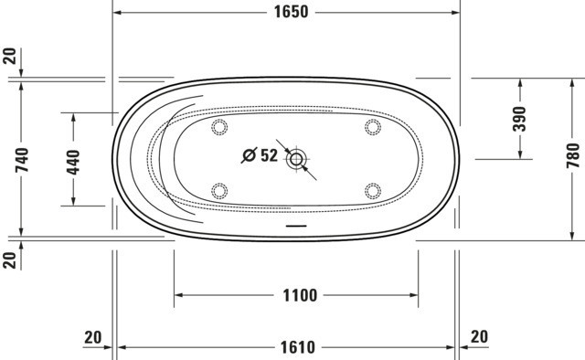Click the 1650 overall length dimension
click(x=291, y=12)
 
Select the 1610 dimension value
click(x=297, y=348)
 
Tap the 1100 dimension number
click(x=300, y=295)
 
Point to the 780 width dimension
click(x=573, y=155)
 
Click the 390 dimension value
click(x=519, y=119)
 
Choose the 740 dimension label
click(x=22, y=160)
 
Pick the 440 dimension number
click(x=73, y=163)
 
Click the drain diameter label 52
click(x=269, y=155)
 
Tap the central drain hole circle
click(x=296, y=160)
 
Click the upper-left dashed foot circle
click(x=219, y=127)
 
